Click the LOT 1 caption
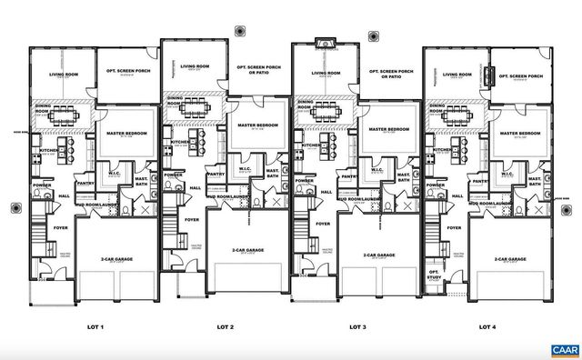95,326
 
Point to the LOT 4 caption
488,326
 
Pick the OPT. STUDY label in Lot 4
434,275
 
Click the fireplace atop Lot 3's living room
326,44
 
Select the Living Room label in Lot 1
63,75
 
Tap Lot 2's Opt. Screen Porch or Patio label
259,70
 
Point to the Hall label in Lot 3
326,192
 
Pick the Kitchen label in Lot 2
180,142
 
